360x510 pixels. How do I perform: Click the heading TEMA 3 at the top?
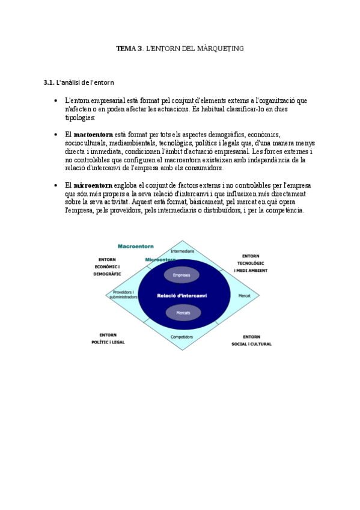129,48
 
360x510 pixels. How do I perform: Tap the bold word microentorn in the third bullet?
93,185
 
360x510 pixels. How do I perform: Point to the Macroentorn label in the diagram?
136,247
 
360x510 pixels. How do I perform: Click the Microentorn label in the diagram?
160,259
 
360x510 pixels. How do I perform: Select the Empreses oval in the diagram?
182,275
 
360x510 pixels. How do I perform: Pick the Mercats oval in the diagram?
183,313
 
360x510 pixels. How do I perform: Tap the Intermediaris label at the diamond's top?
182,250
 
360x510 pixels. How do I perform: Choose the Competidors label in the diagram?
182,337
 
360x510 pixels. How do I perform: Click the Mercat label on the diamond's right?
244,296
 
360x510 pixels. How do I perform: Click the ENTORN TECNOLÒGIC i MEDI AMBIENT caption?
251,263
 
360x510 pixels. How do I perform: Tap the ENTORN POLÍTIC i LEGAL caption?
108,338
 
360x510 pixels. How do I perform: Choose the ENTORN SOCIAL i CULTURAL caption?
251,340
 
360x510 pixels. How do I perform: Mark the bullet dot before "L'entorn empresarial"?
55,101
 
